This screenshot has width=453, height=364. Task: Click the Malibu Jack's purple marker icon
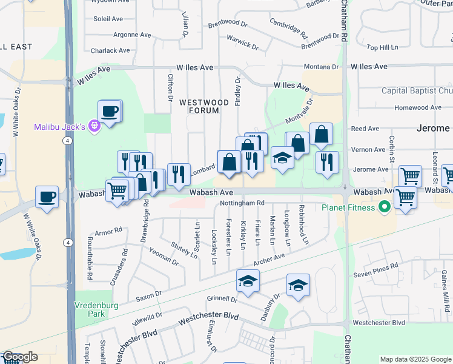point(94,126)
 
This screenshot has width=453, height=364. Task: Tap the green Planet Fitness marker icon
point(383,207)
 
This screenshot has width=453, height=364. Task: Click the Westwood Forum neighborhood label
point(204,107)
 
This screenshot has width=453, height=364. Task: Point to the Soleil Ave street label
point(108,19)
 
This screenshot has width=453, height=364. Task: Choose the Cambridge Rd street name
point(286,27)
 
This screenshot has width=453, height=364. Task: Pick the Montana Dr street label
point(321,67)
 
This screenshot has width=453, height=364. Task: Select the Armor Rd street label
point(108,231)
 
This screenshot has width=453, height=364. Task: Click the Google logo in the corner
point(19,357)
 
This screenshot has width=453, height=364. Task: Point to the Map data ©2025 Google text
point(415,359)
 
